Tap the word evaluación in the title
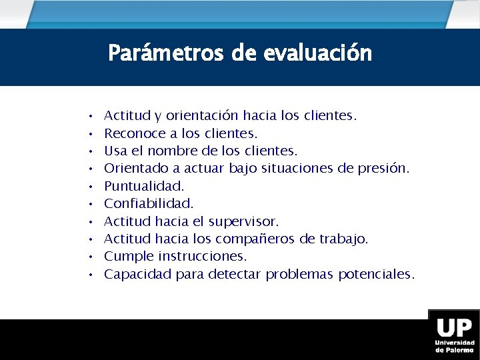pos(317,53)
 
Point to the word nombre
pos(174,151)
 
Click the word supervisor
pos(244,221)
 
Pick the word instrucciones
pos(203,256)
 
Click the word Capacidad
pos(138,274)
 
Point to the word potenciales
pos(376,274)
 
